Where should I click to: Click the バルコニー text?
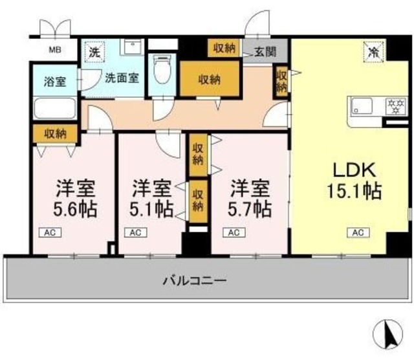[194, 281]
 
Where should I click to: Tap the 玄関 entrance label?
[266, 51]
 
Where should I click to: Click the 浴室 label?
[54, 82]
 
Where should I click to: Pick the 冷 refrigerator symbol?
[374, 50]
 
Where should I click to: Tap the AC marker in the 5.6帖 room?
[50, 232]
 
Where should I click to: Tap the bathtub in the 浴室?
[55, 107]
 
